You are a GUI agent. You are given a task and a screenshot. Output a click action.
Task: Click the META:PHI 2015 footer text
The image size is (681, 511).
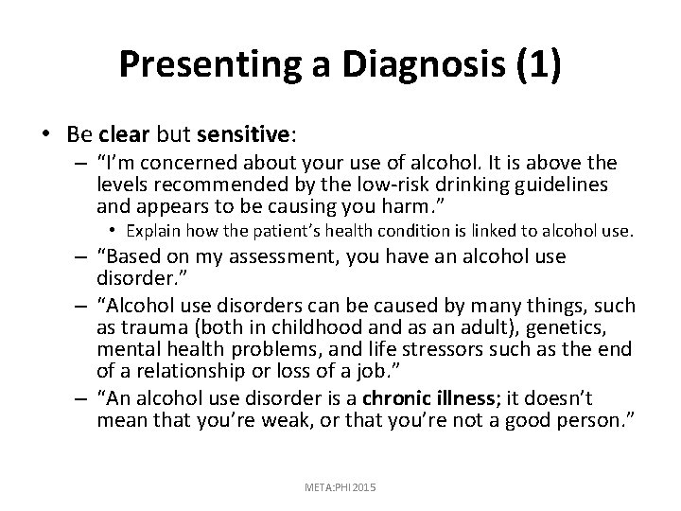[x=340, y=485]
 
